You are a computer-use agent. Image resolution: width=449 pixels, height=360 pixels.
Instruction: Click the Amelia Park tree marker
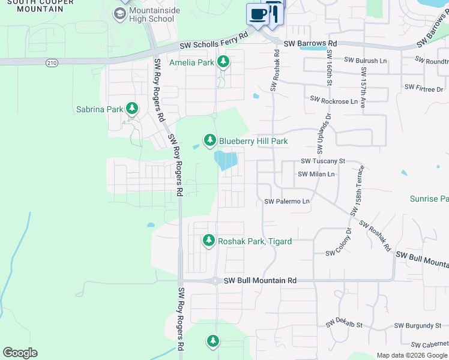coord(223,61)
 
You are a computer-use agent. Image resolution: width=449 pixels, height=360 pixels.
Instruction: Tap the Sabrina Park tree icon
coord(131,109)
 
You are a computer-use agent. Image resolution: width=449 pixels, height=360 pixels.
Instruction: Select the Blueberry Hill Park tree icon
coord(209,140)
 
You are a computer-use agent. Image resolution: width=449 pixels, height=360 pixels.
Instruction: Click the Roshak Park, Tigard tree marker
coord(208,241)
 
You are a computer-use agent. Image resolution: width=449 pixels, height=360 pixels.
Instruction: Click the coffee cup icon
coord(258,14)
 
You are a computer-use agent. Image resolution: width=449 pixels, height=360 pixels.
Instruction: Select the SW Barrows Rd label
coord(310,44)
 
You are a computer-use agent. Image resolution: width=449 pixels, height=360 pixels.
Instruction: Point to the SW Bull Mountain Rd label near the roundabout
coord(260,280)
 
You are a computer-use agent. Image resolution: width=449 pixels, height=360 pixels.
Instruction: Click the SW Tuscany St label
coord(323,161)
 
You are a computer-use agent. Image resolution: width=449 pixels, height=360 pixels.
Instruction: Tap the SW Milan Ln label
coord(316,174)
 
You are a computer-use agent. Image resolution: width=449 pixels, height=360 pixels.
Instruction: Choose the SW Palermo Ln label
coord(287,202)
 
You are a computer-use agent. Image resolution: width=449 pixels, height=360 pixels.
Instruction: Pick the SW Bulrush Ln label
coord(366,60)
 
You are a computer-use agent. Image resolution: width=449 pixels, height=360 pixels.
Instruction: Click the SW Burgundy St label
coord(417,326)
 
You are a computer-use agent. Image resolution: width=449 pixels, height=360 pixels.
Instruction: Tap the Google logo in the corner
coord(20,353)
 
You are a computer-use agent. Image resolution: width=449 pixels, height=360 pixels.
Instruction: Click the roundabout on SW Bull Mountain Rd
coord(215,280)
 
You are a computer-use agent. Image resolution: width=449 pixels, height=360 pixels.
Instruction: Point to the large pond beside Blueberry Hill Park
coord(226,160)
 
